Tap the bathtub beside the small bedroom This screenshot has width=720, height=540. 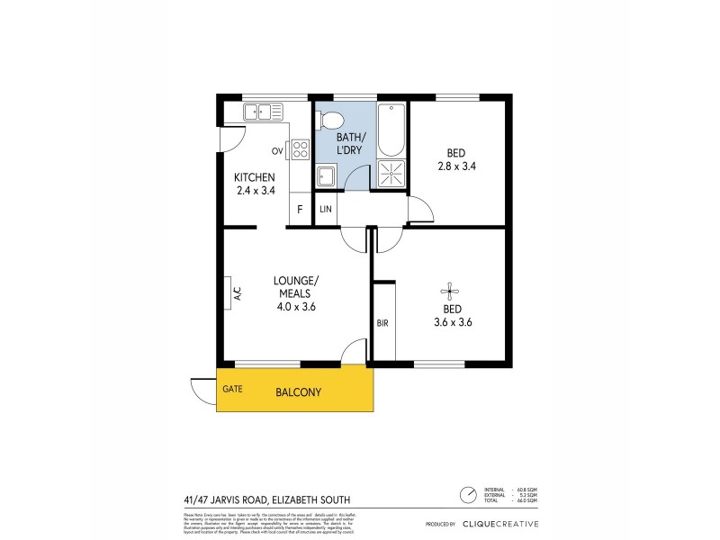(x=391, y=131)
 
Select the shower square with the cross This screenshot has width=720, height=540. (x=391, y=174)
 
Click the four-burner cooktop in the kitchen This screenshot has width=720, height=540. (x=300, y=149)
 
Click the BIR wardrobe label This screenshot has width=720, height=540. (x=382, y=321)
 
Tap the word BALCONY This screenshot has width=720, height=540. (x=298, y=392)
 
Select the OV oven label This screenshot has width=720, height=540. (x=278, y=150)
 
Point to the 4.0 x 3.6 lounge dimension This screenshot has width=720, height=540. (x=296, y=307)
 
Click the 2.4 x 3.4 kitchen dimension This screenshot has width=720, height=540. (x=255, y=190)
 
